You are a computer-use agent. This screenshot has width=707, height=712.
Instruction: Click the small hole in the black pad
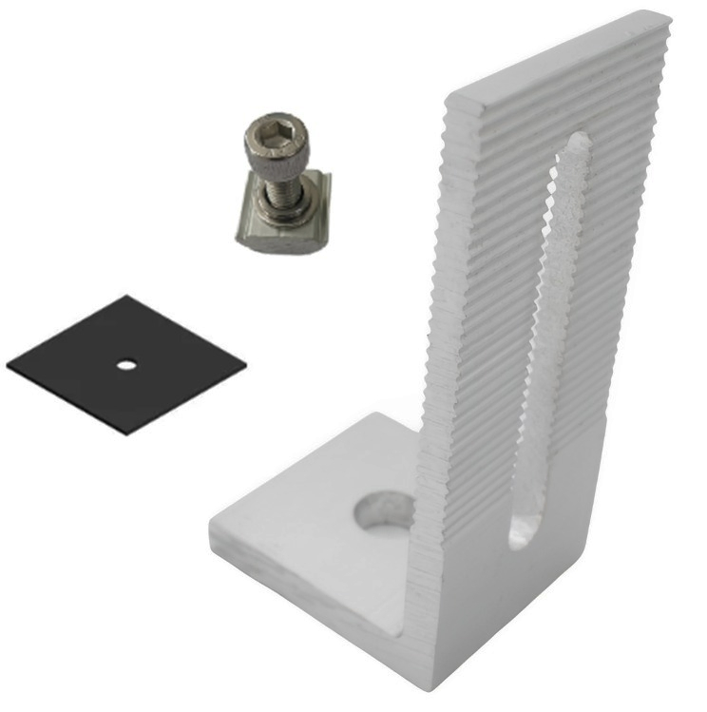tap(124, 363)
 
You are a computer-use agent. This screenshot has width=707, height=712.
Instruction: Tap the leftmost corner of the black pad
tap(8, 364)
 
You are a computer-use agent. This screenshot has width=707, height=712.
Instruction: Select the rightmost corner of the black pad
tap(245, 361)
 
